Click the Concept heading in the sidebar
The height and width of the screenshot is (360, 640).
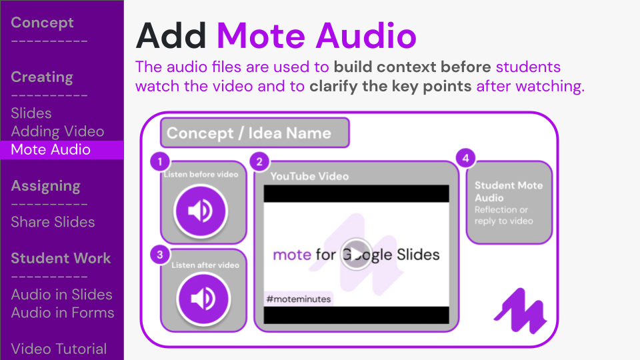coord(42,23)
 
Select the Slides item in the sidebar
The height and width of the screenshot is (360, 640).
coord(31,113)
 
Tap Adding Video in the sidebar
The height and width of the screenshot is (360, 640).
coord(57,131)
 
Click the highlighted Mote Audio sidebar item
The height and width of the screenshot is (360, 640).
coord(51,149)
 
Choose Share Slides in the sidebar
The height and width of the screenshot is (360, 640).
coord(53,222)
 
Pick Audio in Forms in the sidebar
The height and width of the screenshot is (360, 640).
coord(63,313)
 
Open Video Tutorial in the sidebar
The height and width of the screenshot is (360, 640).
coord(59,349)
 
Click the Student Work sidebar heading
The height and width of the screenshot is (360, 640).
coord(61,259)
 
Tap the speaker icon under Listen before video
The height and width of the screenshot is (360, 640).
coord(201,211)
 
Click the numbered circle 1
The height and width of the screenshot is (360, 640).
coord(160,161)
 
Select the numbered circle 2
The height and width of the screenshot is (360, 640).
coord(259,161)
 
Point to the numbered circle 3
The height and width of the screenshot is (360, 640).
coord(160,253)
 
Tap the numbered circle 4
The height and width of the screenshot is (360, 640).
coord(465,158)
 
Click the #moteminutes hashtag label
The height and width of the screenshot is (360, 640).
coord(299,299)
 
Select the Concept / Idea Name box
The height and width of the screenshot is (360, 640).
coord(255,133)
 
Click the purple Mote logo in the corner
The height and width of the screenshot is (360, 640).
coord(520,312)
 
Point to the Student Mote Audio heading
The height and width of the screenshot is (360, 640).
coord(509,191)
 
